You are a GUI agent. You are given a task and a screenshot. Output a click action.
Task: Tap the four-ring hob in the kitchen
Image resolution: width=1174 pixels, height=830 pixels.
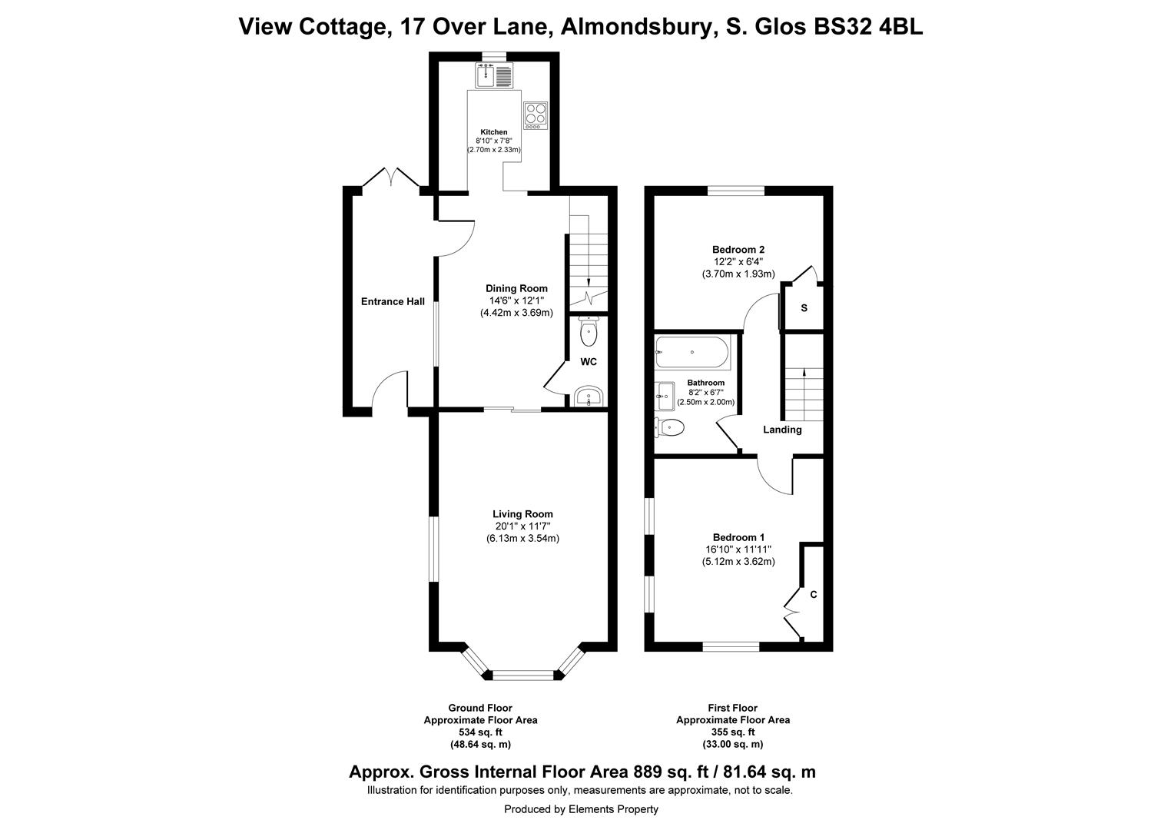[536, 115]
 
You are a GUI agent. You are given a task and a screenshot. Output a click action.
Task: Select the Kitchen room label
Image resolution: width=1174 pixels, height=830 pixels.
[494, 132]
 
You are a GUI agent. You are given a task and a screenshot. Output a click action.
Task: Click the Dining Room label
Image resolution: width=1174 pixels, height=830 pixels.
[516, 289]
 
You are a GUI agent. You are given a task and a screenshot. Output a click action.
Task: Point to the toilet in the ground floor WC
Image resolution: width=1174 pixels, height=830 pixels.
[589, 332]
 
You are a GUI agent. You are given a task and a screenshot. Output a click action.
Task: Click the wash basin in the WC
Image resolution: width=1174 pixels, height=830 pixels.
[589, 397]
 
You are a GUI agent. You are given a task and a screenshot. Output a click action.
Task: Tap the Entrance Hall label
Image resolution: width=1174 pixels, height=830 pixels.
[393, 302]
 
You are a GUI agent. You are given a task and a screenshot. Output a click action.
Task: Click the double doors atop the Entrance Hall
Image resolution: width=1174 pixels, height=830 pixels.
[391, 178]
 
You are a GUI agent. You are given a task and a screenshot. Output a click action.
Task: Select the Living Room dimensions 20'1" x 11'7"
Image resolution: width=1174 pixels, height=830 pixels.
[522, 526]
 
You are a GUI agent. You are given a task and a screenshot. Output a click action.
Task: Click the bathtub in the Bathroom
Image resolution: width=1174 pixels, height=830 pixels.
[692, 353]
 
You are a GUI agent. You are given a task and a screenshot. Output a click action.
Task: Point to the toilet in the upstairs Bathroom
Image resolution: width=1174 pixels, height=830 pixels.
[669, 427]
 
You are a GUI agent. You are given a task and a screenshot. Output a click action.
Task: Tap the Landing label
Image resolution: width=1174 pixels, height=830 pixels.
[782, 430]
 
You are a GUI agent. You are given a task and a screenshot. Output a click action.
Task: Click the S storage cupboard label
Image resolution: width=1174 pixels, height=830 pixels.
[804, 308]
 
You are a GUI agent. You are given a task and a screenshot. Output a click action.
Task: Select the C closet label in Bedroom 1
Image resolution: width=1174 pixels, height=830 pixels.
[813, 595]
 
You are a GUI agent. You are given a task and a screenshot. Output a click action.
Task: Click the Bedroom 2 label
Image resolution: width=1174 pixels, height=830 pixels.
[738, 250]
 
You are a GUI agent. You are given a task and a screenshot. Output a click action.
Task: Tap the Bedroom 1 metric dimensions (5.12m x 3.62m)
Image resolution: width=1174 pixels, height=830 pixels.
[738, 562]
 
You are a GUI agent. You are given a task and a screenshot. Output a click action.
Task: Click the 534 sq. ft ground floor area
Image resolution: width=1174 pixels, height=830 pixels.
[480, 732]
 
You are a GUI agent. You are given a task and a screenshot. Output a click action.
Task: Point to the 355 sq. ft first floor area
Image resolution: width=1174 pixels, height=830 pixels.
[732, 732]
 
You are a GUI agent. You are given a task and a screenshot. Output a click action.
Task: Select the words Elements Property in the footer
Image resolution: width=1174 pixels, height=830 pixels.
[614, 809]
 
